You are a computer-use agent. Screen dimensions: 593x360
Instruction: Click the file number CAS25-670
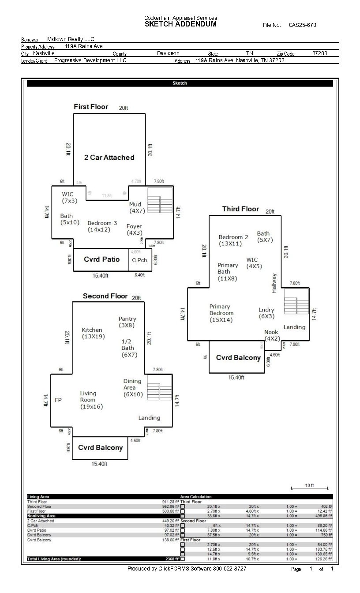(302, 25)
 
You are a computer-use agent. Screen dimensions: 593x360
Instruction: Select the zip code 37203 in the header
(319, 53)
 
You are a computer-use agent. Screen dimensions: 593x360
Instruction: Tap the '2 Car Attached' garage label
(109, 158)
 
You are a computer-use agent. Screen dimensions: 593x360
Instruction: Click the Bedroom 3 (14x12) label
(102, 226)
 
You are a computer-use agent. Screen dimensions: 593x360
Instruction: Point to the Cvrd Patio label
(101, 259)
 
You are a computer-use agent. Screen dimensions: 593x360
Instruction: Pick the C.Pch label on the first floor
(139, 260)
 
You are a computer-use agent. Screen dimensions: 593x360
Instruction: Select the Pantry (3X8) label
(127, 322)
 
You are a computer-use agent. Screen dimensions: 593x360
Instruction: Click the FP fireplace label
(58, 400)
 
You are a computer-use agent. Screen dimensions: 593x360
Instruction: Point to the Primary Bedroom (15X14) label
(221, 313)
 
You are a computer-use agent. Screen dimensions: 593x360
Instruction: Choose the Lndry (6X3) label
(266, 313)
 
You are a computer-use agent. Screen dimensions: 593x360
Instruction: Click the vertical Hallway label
(274, 283)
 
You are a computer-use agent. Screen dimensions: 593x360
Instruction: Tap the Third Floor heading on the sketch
(240, 209)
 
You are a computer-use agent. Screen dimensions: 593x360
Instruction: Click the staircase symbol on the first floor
(160, 200)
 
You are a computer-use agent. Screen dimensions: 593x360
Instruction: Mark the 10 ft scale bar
(309, 488)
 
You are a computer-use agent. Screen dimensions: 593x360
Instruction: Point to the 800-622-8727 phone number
(229, 569)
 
